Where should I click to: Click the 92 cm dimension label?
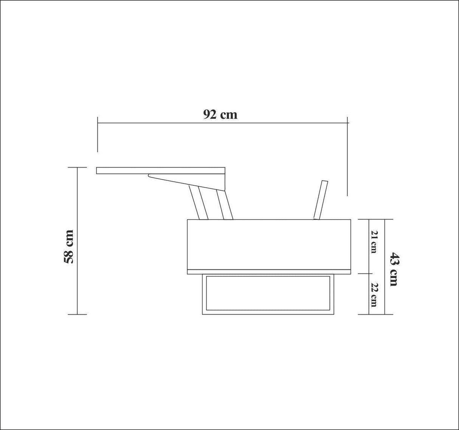220,114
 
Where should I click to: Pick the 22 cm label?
374,294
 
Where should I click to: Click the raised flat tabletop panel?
161,171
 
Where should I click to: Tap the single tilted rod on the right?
320,200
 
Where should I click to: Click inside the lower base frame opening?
268,293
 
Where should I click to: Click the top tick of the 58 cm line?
78,168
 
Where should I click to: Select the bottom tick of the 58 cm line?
78,314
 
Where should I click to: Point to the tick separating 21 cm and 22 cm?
369,273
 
